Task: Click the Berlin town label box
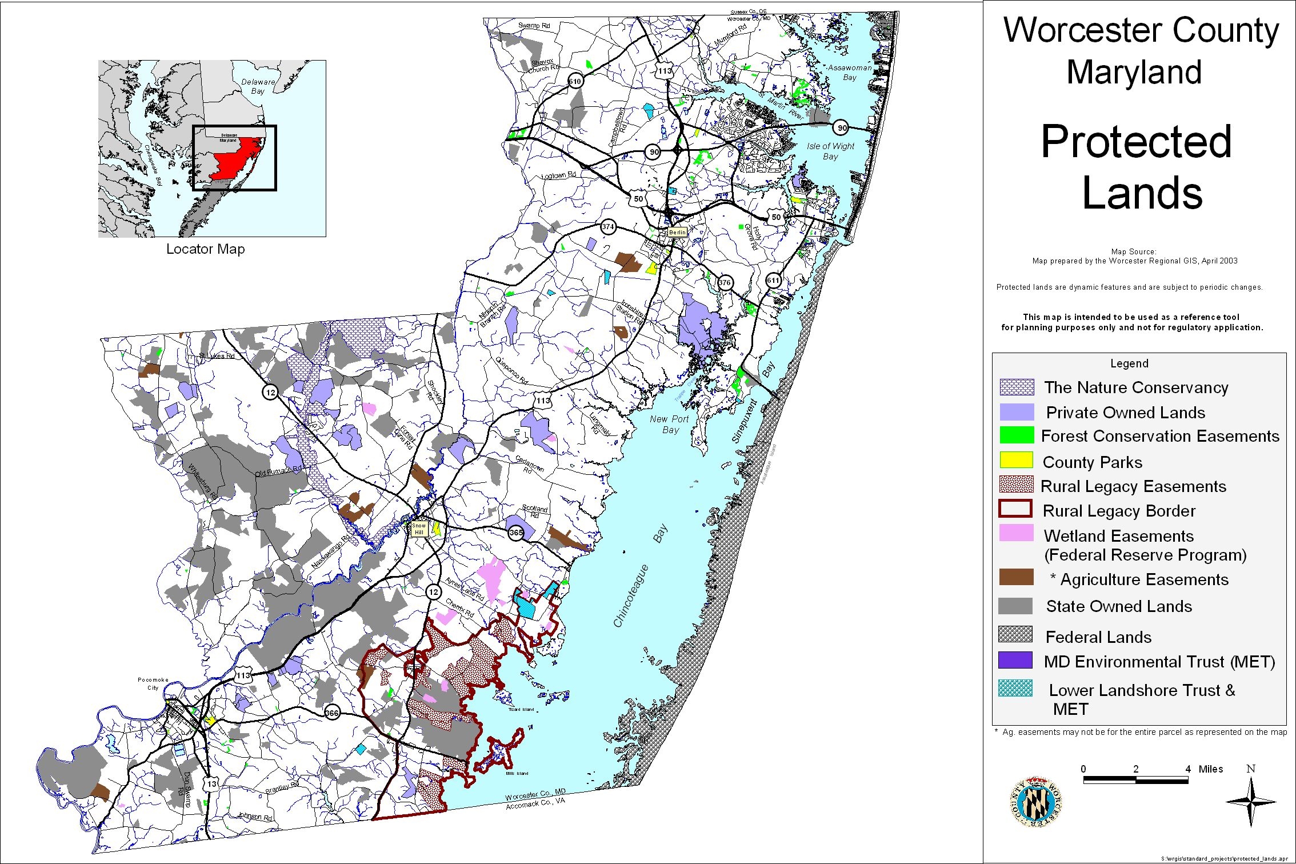coord(677,233)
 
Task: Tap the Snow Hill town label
coord(419,529)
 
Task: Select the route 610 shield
coord(575,81)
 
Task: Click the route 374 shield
coord(607,227)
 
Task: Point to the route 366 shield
coord(332,713)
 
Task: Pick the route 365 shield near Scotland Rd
coord(515,533)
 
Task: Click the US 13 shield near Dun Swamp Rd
coord(212,783)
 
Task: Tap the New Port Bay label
coord(669,424)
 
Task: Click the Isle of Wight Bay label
coord(830,151)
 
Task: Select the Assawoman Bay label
coord(850,72)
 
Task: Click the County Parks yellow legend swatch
coord(1016,460)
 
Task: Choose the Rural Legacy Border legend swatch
coord(1015,509)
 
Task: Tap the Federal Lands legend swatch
coord(1015,634)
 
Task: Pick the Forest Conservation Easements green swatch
coord(1017,435)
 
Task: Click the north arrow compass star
coord(1250,801)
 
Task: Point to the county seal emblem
coord(1035,801)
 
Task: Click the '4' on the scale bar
coord(1188,769)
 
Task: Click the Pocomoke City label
coord(153,683)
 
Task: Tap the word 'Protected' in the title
coord(1136,142)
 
